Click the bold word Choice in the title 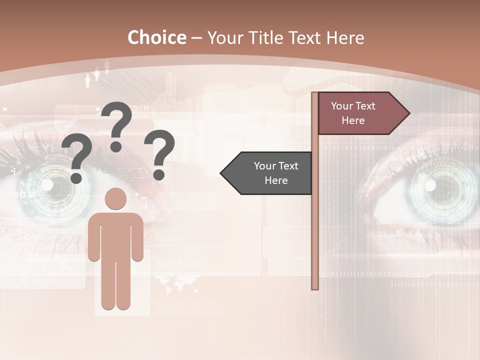tap(156, 37)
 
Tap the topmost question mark tap(117, 125)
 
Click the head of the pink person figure tap(115, 199)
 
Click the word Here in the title tap(345, 37)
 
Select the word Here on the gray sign tap(276, 180)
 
